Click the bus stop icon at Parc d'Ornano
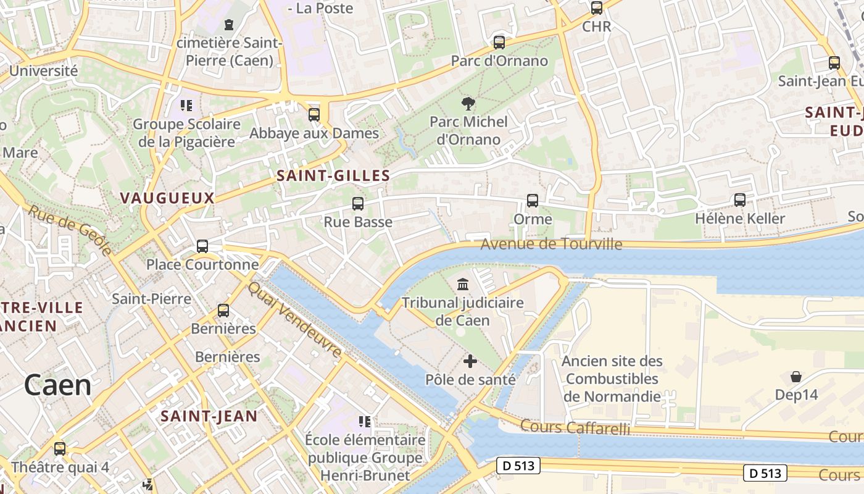pyautogui.click(x=499, y=43)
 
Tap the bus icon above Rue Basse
pyautogui.click(x=357, y=203)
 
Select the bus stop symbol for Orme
pyautogui.click(x=532, y=201)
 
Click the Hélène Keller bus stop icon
pyautogui.click(x=739, y=199)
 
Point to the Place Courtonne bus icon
pyautogui.click(x=202, y=246)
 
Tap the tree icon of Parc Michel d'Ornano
pyautogui.click(x=468, y=104)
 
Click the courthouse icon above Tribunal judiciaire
pyautogui.click(x=462, y=285)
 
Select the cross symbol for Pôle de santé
pyautogui.click(x=470, y=361)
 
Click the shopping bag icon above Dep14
pyautogui.click(x=796, y=377)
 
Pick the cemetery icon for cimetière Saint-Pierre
pyautogui.click(x=229, y=25)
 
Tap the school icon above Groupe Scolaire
pyautogui.click(x=186, y=106)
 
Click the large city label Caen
pyautogui.click(x=58, y=385)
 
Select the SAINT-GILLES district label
pyautogui.click(x=333, y=176)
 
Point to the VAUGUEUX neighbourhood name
pyautogui.click(x=167, y=198)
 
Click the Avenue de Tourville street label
pyautogui.click(x=551, y=244)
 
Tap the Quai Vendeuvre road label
pyautogui.click(x=294, y=320)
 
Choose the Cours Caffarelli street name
pyautogui.click(x=575, y=427)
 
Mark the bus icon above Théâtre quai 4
pyautogui.click(x=60, y=449)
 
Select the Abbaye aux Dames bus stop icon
pyautogui.click(x=314, y=115)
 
